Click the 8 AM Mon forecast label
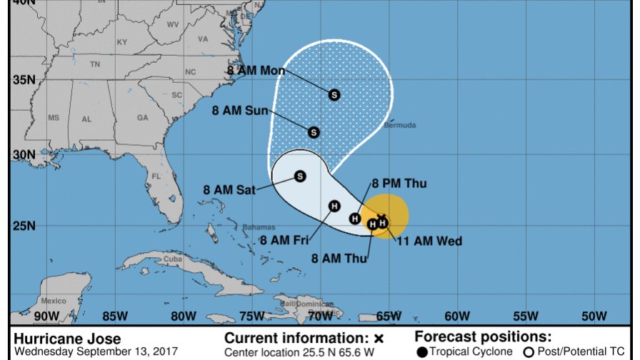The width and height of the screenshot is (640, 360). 256,71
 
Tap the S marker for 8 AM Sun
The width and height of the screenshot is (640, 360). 314,132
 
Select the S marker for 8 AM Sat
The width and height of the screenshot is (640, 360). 300,176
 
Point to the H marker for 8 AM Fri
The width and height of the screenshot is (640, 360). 334,206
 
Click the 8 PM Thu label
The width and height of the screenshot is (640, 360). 399,184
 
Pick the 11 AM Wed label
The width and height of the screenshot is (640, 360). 429,241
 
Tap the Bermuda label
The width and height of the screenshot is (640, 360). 399,126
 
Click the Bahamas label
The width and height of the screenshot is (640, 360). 258,227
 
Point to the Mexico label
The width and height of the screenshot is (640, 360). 53,301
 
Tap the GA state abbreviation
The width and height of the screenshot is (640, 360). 142,118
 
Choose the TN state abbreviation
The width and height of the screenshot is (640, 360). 95,64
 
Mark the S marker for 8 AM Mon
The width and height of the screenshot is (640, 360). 334,94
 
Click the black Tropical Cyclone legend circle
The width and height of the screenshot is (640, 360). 422,351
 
